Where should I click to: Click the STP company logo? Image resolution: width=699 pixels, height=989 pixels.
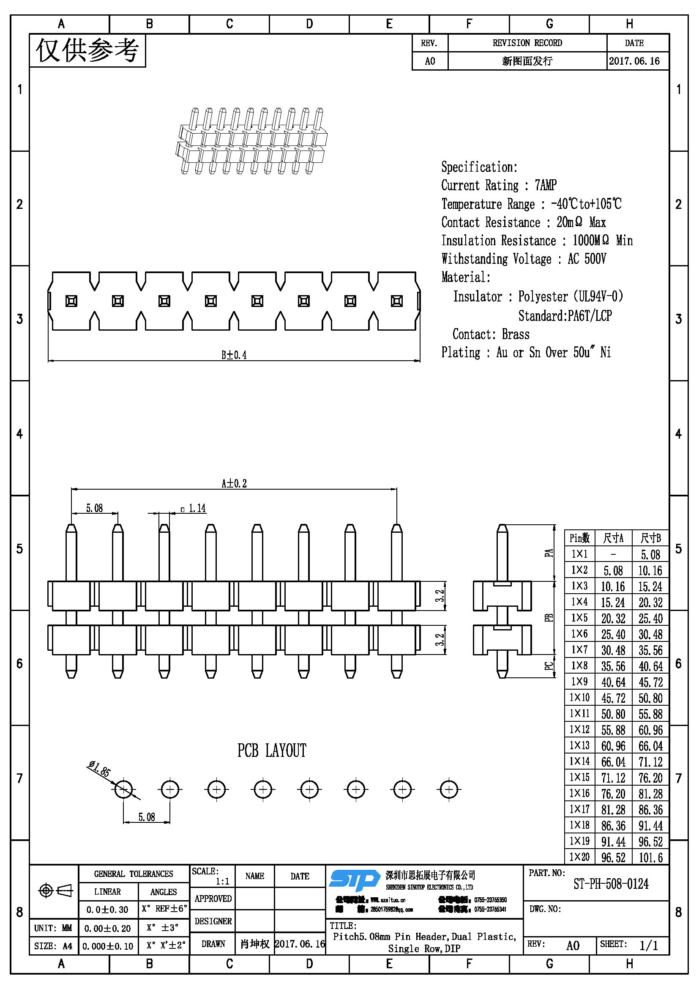pos(355,880)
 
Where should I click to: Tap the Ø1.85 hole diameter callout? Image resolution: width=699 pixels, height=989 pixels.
pos(99,768)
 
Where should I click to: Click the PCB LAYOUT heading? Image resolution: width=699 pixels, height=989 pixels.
pos(272,751)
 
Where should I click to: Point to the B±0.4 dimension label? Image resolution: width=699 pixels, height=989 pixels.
pos(234,355)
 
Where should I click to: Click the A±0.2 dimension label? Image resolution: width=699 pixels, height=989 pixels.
pos(234,483)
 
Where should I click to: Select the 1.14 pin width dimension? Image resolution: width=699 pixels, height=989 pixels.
pos(197,509)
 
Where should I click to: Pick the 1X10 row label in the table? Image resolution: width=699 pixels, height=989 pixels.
pos(579,697)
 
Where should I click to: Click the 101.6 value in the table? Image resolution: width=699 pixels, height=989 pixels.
pos(650,857)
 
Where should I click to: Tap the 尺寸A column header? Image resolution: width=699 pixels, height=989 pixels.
pos(613,538)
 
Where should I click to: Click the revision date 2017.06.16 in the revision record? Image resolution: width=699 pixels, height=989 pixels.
pos(634,61)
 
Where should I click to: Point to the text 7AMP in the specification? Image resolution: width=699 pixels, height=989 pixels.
pos(545,185)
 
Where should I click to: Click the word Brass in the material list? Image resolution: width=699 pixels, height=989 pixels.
pos(515,334)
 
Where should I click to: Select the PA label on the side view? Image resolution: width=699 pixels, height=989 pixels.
pos(549,553)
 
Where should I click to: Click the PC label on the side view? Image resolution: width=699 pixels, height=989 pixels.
pos(549,666)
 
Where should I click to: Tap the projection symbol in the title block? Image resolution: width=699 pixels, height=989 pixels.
pos(55,890)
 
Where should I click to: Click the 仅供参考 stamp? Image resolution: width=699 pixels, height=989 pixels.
pos(87,50)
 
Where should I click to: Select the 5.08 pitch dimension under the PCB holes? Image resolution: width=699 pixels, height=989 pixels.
pos(146,817)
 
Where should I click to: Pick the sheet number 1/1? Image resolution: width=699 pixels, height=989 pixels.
pos(648,945)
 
